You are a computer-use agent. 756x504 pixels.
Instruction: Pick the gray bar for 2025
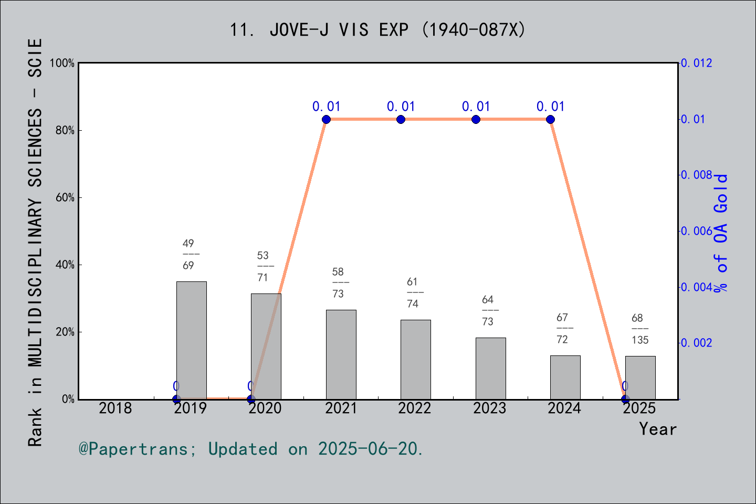(640, 377)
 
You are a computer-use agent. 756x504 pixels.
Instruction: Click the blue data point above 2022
(401, 119)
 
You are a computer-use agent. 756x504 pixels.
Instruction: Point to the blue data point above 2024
(550, 119)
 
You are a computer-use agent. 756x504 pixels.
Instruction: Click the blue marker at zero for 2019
(176, 399)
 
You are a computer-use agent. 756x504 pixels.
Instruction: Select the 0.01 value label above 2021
(326, 107)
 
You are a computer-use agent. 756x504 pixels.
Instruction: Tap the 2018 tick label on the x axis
(115, 408)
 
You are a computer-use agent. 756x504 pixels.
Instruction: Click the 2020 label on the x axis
(265, 408)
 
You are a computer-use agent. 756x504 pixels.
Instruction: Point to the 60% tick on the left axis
(65, 197)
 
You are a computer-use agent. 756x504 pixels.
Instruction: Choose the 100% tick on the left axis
(62, 63)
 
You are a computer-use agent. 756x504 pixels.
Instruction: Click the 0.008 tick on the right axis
(697, 175)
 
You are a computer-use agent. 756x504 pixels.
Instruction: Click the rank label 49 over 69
(188, 254)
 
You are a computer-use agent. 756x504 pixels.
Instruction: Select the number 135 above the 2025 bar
(640, 340)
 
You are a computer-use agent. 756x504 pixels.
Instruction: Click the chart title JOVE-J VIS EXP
(377, 30)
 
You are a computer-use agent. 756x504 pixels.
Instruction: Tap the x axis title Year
(657, 429)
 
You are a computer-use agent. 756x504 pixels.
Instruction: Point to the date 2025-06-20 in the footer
(370, 449)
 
